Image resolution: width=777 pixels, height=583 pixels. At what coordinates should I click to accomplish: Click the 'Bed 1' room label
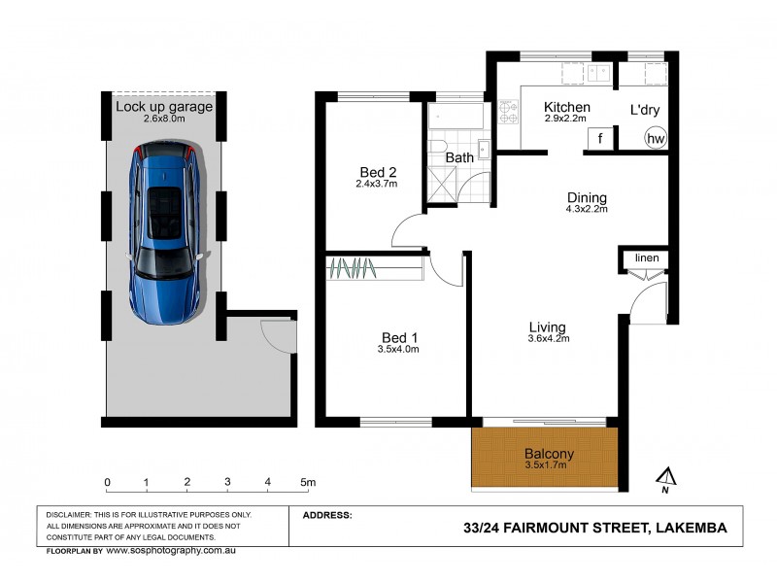pyautogui.click(x=399, y=338)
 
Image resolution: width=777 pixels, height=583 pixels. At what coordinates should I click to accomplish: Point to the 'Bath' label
pyautogui.click(x=458, y=157)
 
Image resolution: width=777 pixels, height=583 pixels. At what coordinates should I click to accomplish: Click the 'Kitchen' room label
pyautogui.click(x=567, y=107)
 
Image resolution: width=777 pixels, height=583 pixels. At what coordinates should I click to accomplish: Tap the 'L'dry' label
pyautogui.click(x=645, y=110)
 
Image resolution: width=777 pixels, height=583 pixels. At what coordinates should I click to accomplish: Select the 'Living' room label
pyautogui.click(x=547, y=326)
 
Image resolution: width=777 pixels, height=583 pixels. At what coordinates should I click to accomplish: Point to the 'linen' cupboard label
pyautogui.click(x=647, y=257)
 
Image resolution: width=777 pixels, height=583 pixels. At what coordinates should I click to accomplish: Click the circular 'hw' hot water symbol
pyautogui.click(x=657, y=139)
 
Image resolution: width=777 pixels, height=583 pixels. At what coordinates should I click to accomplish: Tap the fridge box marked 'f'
pyautogui.click(x=600, y=139)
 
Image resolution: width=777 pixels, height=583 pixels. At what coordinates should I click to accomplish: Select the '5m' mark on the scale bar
pyautogui.click(x=308, y=482)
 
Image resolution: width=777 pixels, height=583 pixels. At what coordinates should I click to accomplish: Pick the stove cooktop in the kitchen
pyautogui.click(x=509, y=108)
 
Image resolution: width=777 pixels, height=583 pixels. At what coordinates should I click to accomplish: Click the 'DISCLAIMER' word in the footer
pyautogui.click(x=69, y=514)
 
